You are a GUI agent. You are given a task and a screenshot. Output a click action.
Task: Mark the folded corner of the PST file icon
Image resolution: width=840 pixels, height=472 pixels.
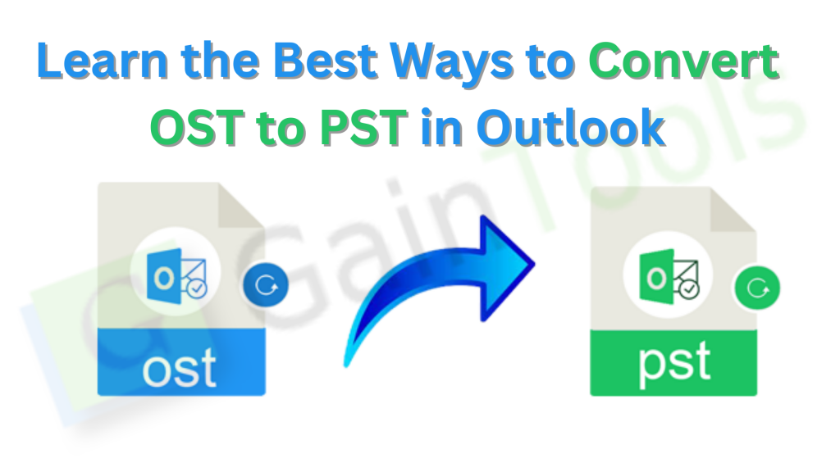[x=735, y=208]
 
